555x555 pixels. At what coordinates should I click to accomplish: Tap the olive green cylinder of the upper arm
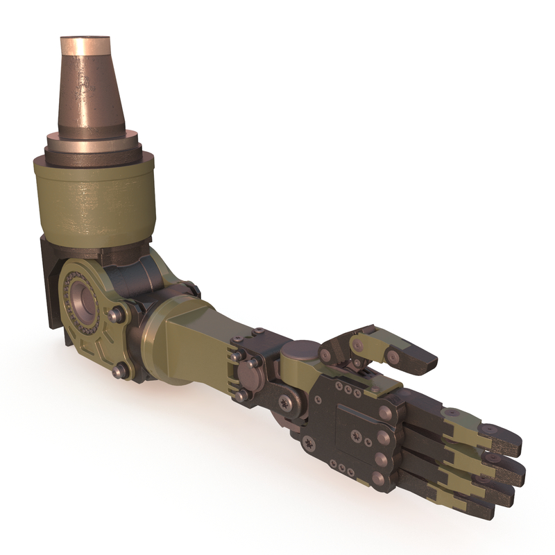[x=94, y=201]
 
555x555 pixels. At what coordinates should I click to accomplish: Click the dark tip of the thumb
[x=420, y=361]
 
